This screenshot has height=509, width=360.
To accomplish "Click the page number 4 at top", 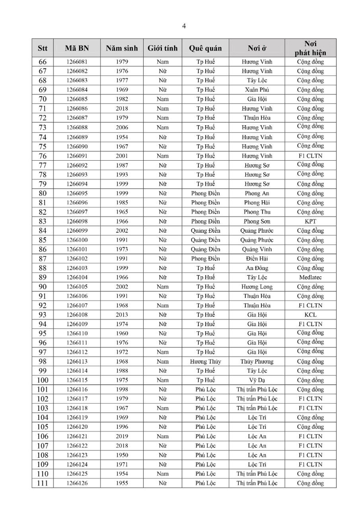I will tap(184, 26).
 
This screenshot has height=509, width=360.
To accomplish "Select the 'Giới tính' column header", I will tap(162, 48).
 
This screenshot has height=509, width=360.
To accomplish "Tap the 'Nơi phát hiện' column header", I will tap(310, 48).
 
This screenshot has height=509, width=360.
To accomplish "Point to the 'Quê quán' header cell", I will tap(205, 48).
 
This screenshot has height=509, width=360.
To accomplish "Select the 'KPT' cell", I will tap(310, 221).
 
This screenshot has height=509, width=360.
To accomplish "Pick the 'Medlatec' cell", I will tap(310, 278).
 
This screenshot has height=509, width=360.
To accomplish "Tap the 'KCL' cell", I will tap(310, 315).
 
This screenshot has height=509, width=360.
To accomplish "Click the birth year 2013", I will tap(122, 315).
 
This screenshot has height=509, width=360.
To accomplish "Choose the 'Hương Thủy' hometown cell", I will tap(205, 362).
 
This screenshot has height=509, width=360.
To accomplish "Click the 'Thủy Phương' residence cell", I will tap(257, 362).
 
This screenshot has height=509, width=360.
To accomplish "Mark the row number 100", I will tap(42, 380).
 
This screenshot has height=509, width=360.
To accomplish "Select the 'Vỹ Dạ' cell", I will tap(257, 380).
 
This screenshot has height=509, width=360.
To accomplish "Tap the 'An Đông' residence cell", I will tap(257, 268).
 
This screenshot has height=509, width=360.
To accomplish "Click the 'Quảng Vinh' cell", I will tap(257, 249).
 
